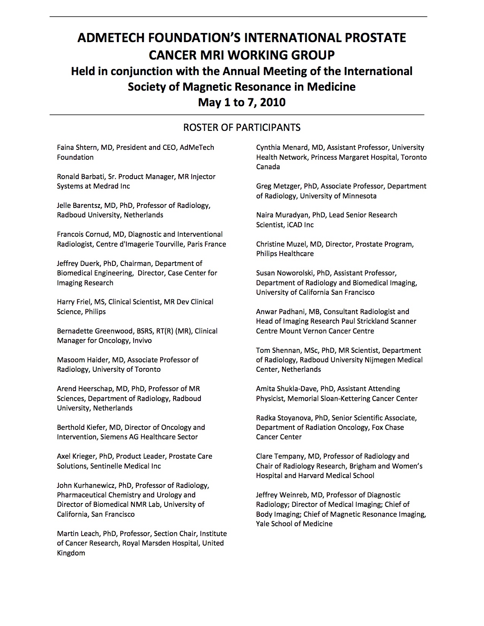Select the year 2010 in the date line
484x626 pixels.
(273, 102)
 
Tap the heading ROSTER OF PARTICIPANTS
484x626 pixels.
(242, 127)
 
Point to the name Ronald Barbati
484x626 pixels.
(81, 176)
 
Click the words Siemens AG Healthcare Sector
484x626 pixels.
(149, 437)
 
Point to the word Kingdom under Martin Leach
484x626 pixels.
(71, 553)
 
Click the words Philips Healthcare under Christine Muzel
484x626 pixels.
(285, 254)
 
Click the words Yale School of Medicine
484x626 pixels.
(294, 524)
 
